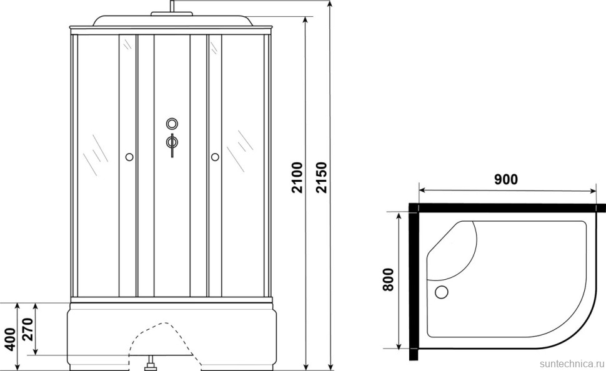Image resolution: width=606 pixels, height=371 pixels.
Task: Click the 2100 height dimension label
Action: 297,177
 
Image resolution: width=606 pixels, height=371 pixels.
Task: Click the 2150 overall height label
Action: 321,177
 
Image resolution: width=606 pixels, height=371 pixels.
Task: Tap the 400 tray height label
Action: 10,339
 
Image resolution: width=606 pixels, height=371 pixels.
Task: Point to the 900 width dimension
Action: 506,179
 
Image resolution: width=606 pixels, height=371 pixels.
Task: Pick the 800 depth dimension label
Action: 387,280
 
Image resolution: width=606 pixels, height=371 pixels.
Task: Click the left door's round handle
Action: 129,157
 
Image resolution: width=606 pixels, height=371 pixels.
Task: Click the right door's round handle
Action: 215,157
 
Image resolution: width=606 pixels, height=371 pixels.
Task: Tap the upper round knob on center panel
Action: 172,124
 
